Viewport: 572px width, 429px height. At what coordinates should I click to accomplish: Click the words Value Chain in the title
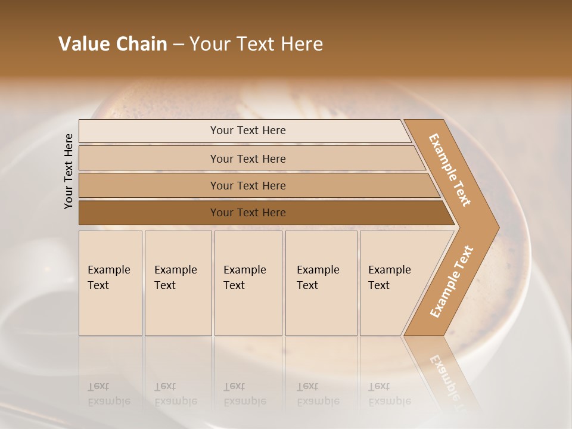(x=113, y=44)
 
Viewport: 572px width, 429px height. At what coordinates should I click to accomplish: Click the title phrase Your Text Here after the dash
(x=256, y=44)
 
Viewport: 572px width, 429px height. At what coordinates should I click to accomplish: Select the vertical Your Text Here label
(x=69, y=171)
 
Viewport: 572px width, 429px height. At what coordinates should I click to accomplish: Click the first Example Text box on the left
(x=110, y=283)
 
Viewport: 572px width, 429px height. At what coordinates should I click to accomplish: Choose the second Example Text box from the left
(x=178, y=283)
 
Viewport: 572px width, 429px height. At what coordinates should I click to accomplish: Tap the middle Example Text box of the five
(x=248, y=283)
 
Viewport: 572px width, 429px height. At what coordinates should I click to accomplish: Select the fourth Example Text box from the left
(x=321, y=283)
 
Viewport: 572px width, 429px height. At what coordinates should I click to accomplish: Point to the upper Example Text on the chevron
(x=450, y=170)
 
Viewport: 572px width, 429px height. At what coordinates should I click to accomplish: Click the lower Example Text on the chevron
(x=452, y=281)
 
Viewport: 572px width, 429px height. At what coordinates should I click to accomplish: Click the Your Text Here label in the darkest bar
(x=248, y=213)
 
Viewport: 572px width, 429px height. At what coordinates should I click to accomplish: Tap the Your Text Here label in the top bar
(x=248, y=130)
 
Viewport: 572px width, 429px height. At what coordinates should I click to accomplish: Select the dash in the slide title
(x=178, y=45)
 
